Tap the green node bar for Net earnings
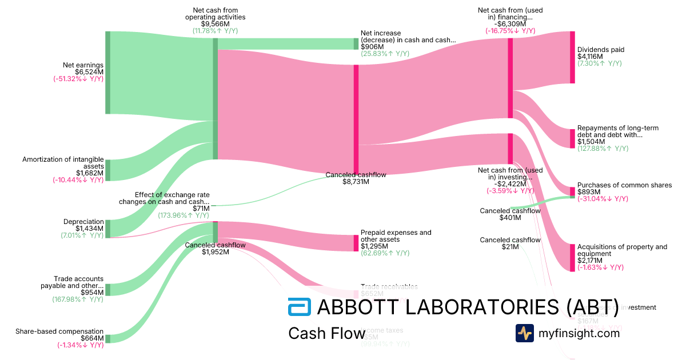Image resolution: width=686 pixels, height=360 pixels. [107, 73]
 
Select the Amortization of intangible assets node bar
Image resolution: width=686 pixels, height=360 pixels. [107, 170]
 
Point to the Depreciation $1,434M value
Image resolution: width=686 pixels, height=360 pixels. [90, 229]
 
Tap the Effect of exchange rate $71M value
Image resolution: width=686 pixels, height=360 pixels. [201, 209]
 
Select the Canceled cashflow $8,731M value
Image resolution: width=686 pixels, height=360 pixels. [356, 182]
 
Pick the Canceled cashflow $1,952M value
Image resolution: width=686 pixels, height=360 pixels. [215, 252]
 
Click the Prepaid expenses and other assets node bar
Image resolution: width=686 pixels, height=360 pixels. [356, 243]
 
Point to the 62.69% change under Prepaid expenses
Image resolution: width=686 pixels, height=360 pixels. [385, 253]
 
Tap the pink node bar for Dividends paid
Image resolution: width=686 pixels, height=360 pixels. [572, 57]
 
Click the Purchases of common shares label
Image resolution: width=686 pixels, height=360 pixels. [624, 185]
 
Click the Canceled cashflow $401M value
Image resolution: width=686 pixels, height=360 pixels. [510, 218]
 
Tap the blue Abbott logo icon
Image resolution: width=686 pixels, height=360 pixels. [299, 307]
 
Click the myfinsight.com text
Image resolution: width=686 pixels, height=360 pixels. [579, 333]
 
